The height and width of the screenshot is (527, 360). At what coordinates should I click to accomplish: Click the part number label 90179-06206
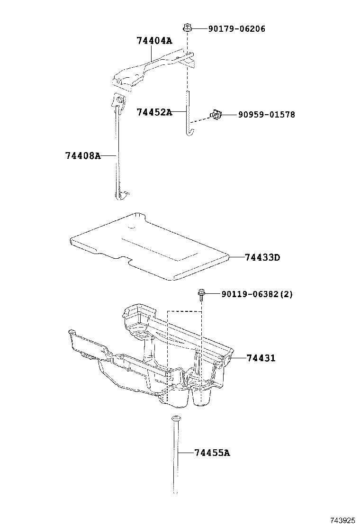click(236, 29)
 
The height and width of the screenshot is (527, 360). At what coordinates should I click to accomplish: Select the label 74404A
click(154, 41)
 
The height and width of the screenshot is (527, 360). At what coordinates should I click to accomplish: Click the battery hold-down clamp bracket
click(152, 69)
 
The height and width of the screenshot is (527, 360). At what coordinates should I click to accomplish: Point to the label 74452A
click(154, 112)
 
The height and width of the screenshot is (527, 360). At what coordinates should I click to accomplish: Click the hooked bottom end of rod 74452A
click(188, 131)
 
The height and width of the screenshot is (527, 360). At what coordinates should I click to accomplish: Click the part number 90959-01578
click(266, 115)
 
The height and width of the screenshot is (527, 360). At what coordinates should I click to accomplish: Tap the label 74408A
click(83, 155)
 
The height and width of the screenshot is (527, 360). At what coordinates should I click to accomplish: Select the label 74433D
click(262, 257)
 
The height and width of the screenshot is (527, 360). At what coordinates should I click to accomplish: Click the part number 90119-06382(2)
click(257, 294)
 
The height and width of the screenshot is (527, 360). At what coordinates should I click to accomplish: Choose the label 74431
click(261, 358)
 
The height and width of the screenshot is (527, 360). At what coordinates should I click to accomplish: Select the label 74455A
click(212, 453)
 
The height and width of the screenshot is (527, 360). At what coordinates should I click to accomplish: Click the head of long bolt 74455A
click(176, 418)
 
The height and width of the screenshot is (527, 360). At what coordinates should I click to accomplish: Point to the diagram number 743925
click(342, 520)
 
